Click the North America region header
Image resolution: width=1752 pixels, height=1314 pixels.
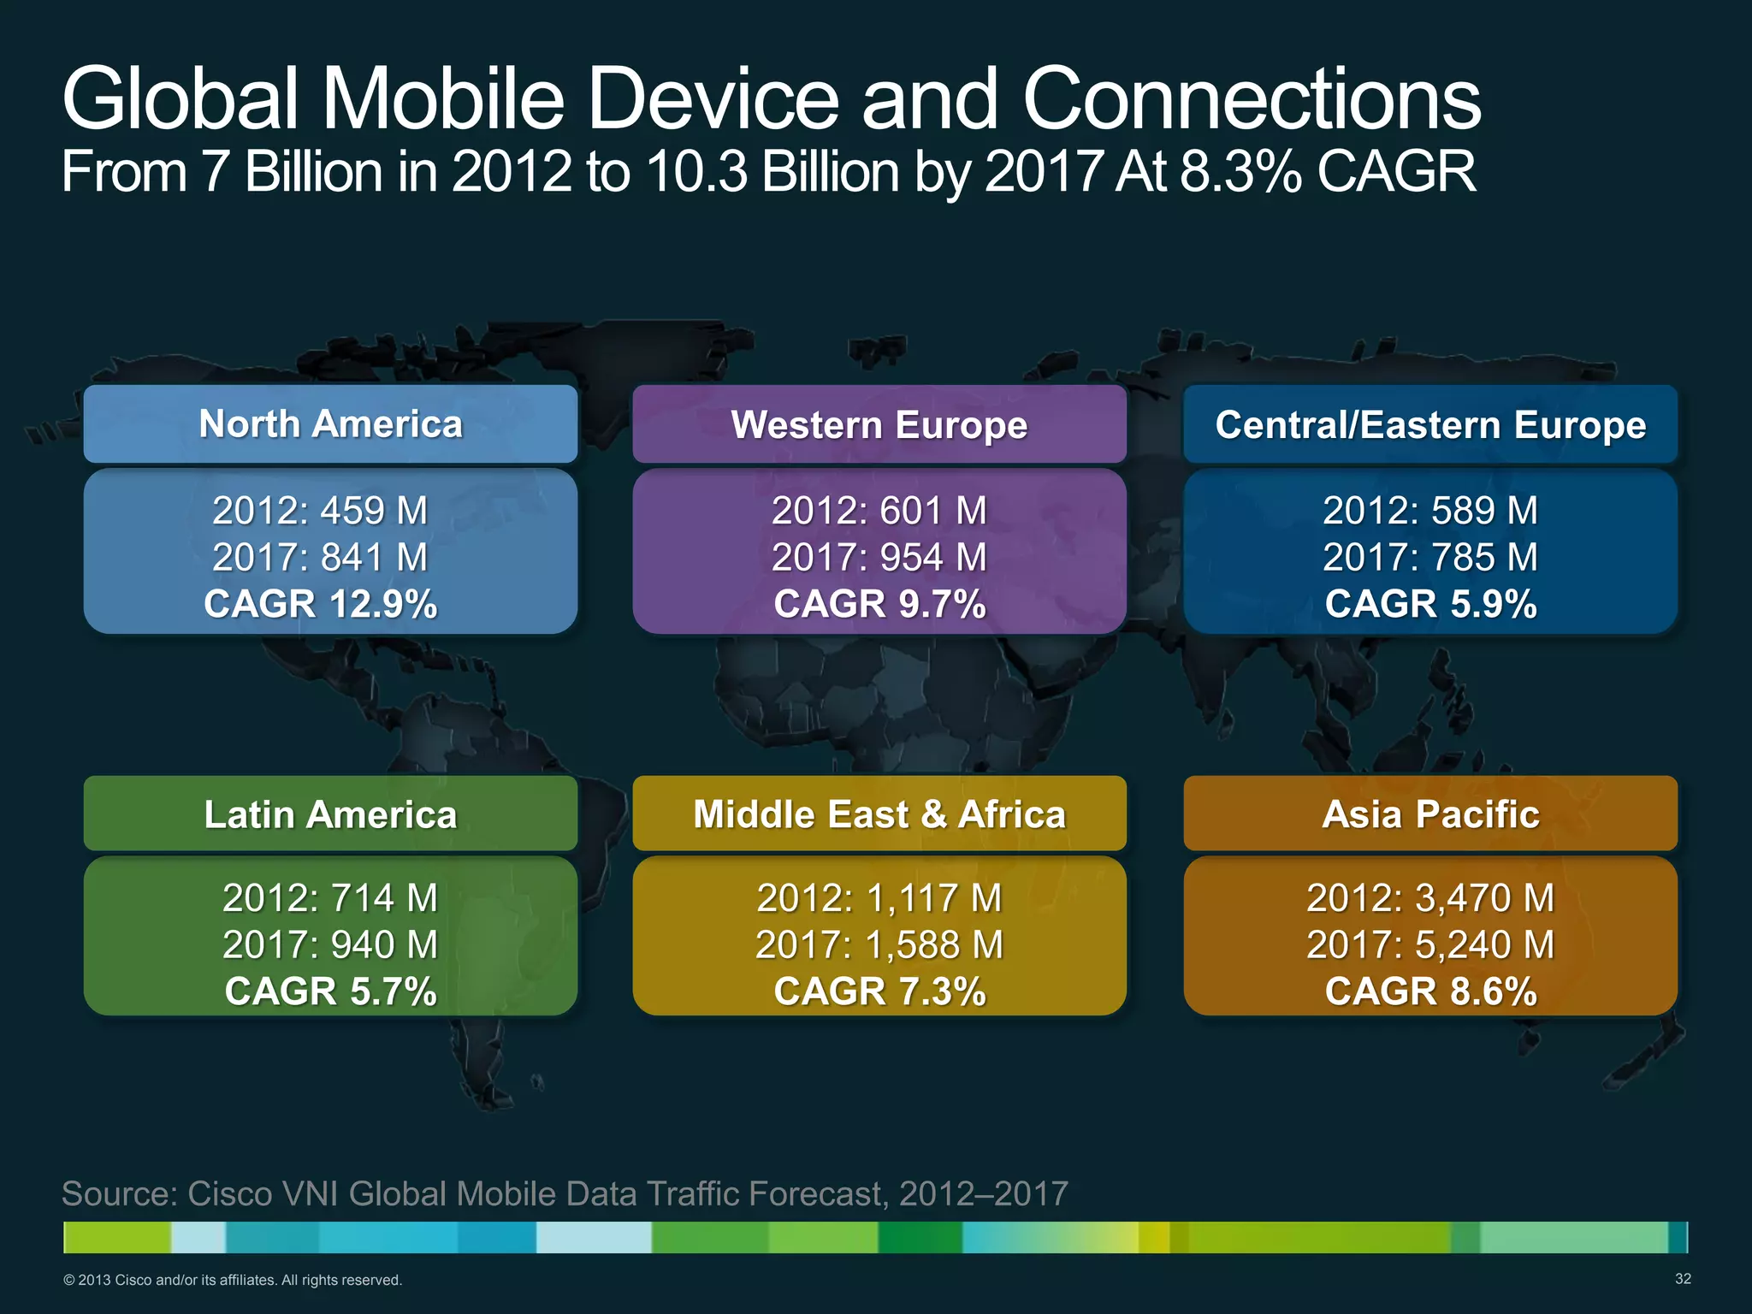pos(330,424)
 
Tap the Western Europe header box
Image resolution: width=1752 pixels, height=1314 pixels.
pos(879,425)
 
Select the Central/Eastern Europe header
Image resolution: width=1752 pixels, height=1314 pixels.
pos(1430,425)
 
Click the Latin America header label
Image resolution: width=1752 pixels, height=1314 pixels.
pos(330,814)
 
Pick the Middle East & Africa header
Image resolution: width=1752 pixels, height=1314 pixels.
pos(879,814)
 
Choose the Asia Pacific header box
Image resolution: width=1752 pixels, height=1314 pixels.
pos(1430,814)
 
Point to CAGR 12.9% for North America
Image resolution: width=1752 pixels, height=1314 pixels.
pos(321,604)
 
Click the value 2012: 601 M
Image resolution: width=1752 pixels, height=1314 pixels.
pos(879,511)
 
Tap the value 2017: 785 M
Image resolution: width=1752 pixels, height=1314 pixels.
pos(1430,558)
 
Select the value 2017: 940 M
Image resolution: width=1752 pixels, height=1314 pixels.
pos(330,945)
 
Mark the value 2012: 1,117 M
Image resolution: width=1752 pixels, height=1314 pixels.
pos(879,898)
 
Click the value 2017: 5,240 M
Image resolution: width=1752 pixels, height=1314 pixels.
pos(1430,945)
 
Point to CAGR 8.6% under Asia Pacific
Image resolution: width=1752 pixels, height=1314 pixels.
pos(1430,991)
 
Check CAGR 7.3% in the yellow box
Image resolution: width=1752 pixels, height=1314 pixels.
pos(879,991)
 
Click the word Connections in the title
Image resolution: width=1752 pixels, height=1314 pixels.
pos(1251,100)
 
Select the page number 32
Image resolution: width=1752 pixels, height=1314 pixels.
pos(1683,1279)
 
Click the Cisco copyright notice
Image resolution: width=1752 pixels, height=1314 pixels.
pos(233,1281)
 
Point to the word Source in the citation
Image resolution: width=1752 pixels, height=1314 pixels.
pos(119,1193)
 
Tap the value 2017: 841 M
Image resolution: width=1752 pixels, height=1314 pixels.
pos(321,558)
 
